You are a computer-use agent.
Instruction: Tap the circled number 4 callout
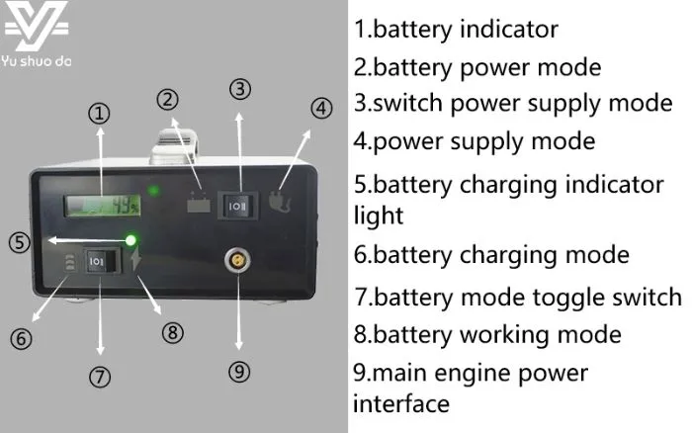tap(321, 109)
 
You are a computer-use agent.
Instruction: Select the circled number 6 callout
tap(22, 339)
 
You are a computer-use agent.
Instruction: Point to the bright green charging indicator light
tap(130, 239)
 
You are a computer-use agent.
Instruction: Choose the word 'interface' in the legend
tap(401, 403)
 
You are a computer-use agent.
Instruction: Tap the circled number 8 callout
tap(172, 332)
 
